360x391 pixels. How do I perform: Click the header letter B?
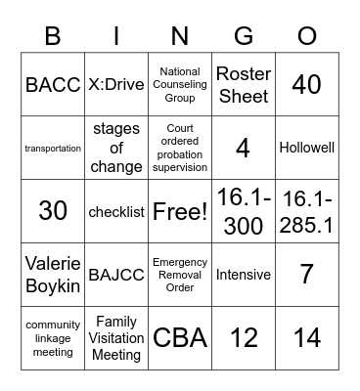(x=52, y=36)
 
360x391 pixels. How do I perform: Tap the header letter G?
(x=243, y=36)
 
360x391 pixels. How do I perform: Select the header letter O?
(x=306, y=36)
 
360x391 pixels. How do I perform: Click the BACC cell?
(x=53, y=85)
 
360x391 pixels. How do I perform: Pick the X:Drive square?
(x=116, y=85)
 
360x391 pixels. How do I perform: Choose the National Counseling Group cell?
(x=180, y=85)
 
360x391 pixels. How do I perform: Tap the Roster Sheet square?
(x=244, y=85)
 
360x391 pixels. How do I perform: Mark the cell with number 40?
(x=307, y=85)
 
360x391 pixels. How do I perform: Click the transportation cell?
(x=53, y=149)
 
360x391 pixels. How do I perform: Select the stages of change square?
(x=116, y=149)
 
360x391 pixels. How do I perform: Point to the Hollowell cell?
(x=307, y=149)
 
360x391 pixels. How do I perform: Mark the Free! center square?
(x=180, y=212)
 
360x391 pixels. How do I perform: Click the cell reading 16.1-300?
(x=244, y=212)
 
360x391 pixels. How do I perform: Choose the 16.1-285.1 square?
(x=307, y=212)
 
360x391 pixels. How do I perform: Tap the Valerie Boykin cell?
(x=53, y=275)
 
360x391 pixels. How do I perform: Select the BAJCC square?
(x=116, y=275)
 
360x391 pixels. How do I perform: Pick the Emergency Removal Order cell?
(x=180, y=275)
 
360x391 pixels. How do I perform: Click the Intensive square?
(x=244, y=275)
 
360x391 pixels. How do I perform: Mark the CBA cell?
(x=180, y=338)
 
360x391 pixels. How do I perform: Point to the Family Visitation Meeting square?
(x=116, y=338)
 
